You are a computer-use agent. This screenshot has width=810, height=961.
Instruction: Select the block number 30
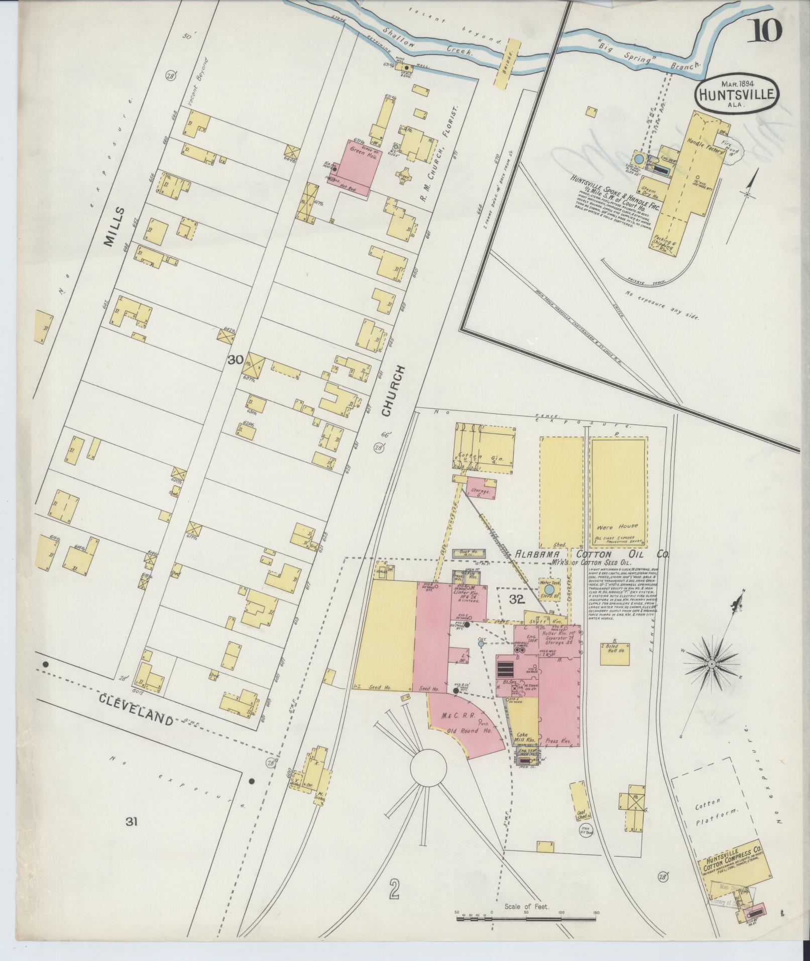pos(236,360)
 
